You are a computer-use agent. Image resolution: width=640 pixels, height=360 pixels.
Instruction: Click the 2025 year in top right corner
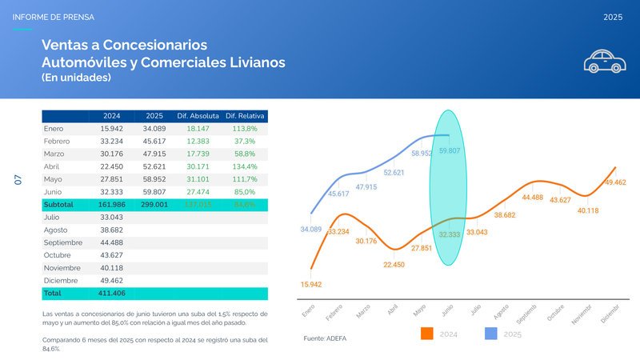click(x=613, y=17)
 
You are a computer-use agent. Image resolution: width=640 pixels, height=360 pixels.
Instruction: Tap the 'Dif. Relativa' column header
click(x=246, y=116)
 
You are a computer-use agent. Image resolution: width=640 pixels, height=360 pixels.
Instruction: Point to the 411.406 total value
click(x=111, y=294)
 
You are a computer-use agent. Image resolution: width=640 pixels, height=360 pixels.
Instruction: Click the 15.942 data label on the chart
click(x=311, y=284)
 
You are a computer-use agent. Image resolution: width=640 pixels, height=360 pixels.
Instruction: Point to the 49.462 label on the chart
click(x=614, y=182)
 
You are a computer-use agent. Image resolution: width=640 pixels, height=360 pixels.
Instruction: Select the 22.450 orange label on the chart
click(x=394, y=264)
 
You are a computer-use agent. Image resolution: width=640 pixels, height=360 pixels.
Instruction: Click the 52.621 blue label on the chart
click(x=394, y=173)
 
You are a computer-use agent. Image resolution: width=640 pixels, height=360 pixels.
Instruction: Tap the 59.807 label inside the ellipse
click(x=450, y=151)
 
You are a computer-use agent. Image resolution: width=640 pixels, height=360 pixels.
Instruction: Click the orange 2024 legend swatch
click(x=426, y=334)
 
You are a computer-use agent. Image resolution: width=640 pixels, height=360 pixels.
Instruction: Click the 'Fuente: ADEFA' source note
click(x=326, y=339)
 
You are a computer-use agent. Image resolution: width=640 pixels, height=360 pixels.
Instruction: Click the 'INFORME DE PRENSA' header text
click(x=54, y=17)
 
